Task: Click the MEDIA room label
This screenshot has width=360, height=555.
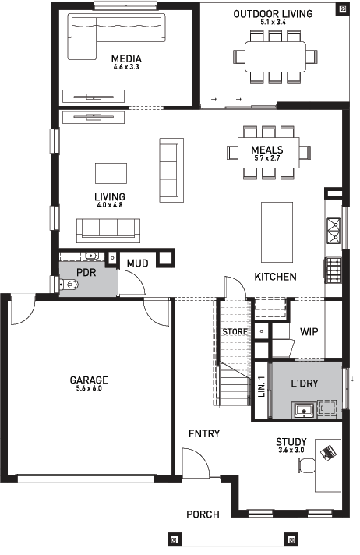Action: coord(126,58)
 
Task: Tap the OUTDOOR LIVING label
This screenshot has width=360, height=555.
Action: coord(273,14)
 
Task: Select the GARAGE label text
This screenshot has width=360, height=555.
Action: coord(89,380)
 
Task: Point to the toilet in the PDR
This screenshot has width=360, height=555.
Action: coord(69,285)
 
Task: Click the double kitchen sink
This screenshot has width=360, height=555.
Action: coord(334,232)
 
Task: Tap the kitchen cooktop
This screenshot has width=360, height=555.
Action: coord(333,270)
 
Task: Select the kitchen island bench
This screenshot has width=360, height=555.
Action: coord(277,232)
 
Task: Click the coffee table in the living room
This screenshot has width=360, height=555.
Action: coord(111,173)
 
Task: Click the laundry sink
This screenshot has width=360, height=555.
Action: coord(304,410)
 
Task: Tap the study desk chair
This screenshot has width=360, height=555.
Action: coord(306,465)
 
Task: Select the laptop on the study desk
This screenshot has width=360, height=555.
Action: coord(328,453)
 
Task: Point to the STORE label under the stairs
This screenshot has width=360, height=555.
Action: coord(235,331)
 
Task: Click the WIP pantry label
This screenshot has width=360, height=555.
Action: coord(309,331)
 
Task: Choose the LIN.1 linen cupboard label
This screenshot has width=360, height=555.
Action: coord(262,386)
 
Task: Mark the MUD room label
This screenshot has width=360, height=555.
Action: coord(137,263)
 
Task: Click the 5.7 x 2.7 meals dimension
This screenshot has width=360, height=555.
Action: coord(267,158)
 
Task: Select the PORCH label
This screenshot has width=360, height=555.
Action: coord(203,514)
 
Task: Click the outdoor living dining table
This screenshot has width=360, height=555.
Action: coord(275,57)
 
